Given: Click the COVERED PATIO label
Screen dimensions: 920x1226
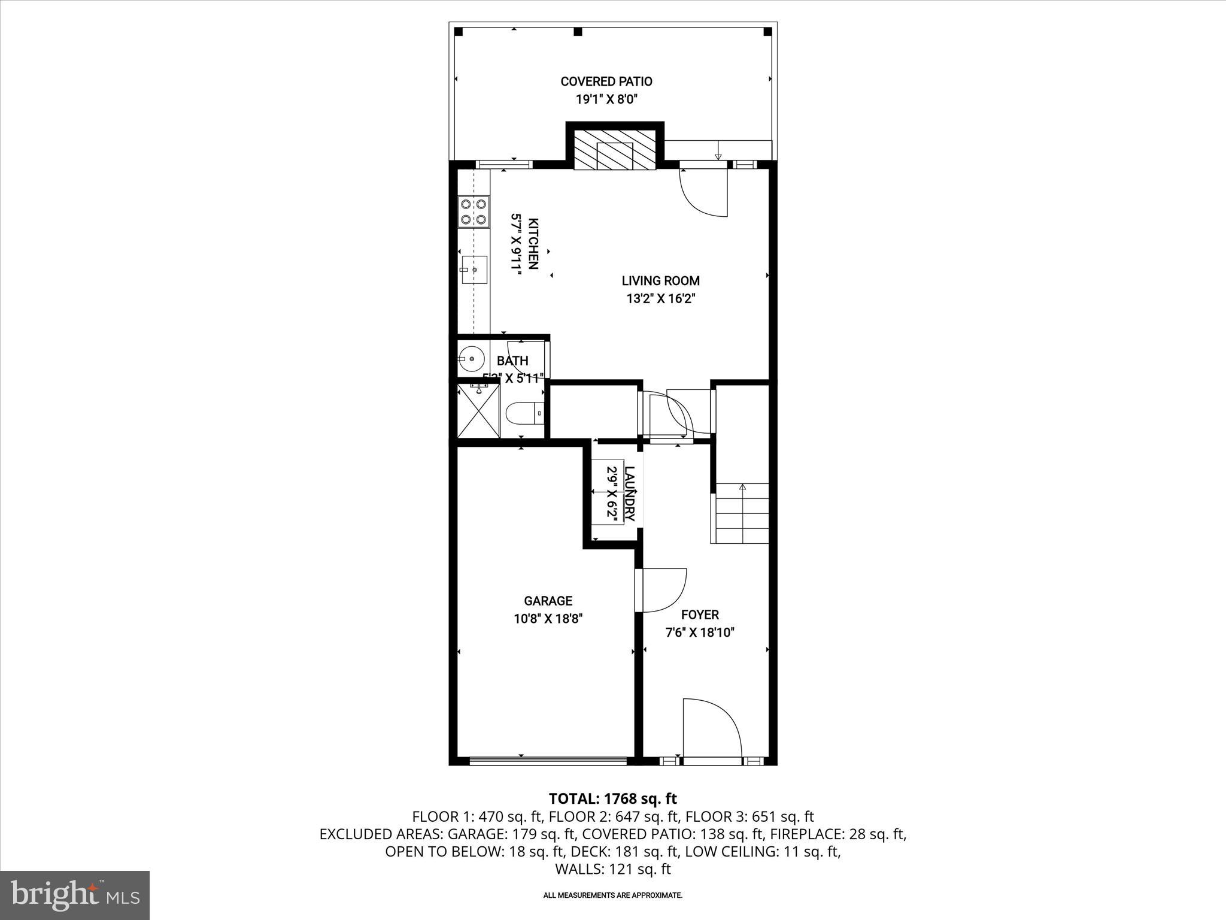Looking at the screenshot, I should click(x=606, y=81).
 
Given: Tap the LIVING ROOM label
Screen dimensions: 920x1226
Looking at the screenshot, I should click(x=660, y=281).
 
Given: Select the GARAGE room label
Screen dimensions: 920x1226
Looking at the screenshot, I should click(x=548, y=601).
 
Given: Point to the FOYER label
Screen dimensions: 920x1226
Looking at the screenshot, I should click(x=700, y=615).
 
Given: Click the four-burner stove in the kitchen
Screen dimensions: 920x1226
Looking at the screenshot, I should click(x=473, y=212).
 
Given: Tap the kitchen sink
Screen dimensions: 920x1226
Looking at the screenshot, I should click(x=474, y=270).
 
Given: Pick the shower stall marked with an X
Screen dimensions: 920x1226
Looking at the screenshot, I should click(x=478, y=411).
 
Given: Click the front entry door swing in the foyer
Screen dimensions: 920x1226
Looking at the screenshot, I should click(x=711, y=730).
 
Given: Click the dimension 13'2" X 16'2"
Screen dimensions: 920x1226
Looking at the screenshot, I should click(x=660, y=298).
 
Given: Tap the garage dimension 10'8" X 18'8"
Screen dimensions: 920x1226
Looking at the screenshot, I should click(x=548, y=619).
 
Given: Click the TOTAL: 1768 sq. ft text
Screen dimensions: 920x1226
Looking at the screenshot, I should click(x=612, y=798).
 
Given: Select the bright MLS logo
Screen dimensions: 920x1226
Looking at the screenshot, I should click(x=75, y=895).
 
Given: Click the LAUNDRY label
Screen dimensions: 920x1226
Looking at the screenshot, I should click(x=629, y=493).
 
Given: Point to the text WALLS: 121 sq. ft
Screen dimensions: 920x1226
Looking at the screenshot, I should click(x=612, y=869).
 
